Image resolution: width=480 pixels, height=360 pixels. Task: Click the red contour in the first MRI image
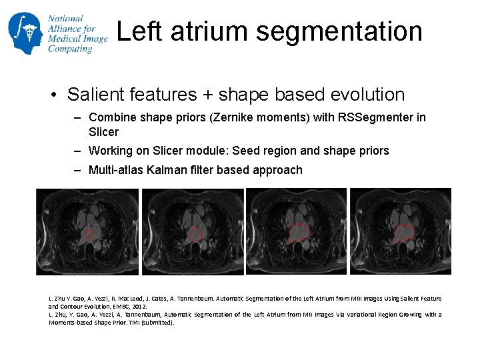click(89, 235)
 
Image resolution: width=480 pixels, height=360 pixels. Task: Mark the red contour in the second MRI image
click(195, 233)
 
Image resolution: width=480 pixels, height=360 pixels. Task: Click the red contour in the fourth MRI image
click(403, 232)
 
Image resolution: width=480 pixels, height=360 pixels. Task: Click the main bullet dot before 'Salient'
click(53, 95)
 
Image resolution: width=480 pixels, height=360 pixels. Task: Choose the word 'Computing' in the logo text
click(70, 49)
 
